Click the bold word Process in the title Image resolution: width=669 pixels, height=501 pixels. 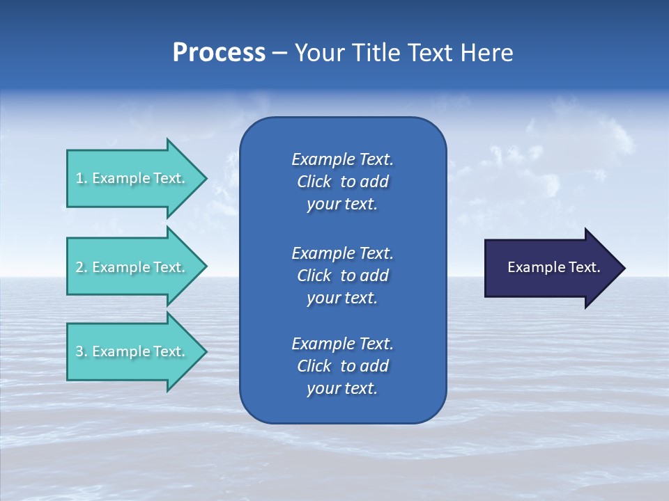(219, 53)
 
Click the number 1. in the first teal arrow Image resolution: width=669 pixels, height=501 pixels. (82, 178)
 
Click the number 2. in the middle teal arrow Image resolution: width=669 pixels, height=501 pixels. (82, 267)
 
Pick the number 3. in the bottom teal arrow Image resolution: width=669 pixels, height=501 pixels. (82, 351)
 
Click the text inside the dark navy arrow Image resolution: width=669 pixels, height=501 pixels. (553, 267)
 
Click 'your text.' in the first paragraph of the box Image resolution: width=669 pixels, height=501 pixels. (341, 205)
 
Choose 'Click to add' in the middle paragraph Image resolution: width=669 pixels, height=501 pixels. (342, 276)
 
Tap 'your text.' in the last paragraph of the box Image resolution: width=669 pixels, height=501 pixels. (341, 389)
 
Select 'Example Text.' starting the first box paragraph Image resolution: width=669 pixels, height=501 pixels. (342, 159)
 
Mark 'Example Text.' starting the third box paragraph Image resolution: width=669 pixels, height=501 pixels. (342, 344)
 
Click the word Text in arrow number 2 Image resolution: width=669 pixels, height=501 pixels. (169, 267)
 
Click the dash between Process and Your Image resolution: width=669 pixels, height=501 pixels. (279, 53)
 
